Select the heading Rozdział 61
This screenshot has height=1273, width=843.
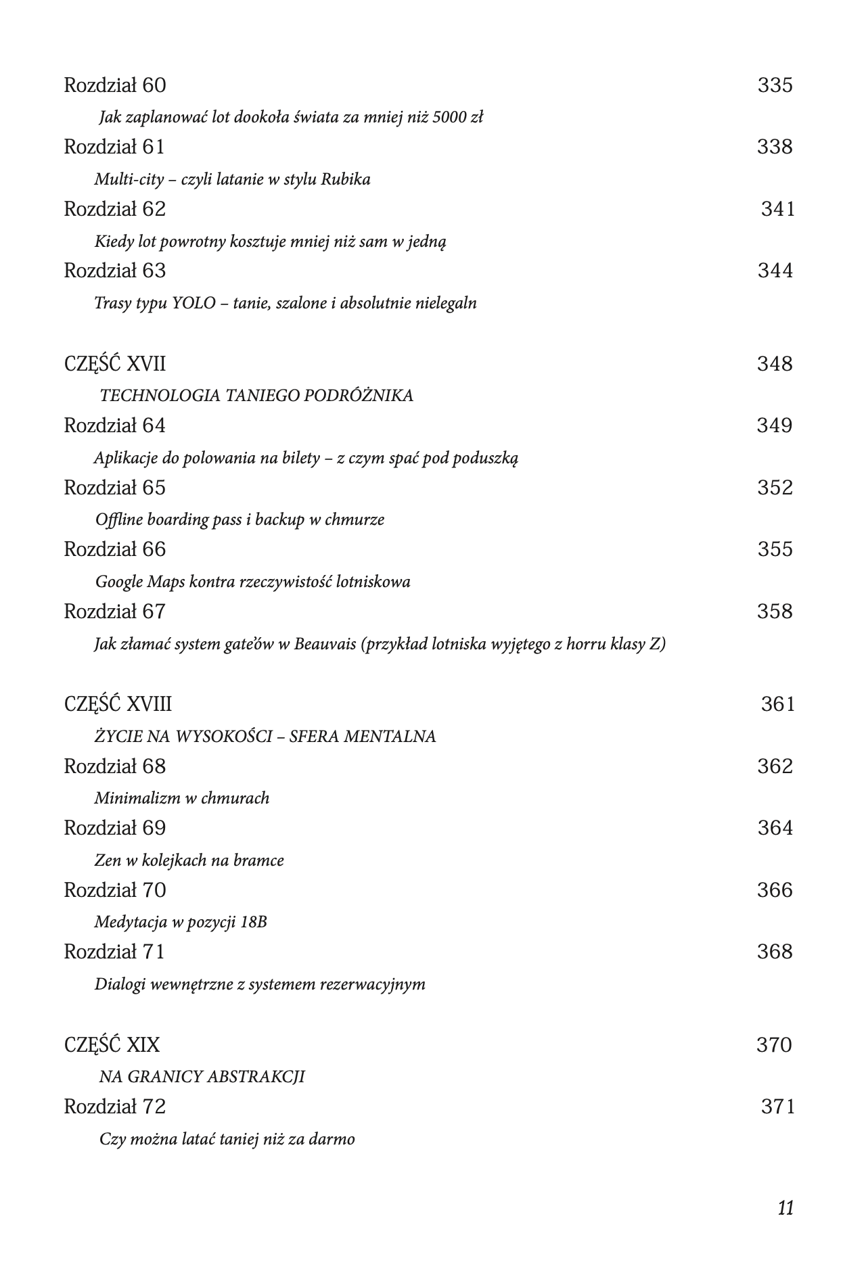pyautogui.click(x=114, y=147)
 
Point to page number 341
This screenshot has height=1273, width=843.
pyautogui.click(x=777, y=209)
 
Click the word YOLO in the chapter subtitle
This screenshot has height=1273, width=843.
pyautogui.click(x=192, y=303)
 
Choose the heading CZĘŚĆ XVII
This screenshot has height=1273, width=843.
pyautogui.click(x=114, y=364)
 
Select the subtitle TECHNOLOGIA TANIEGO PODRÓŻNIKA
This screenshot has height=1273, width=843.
pyautogui.click(x=256, y=396)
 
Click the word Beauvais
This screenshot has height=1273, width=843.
pyautogui.click(x=325, y=644)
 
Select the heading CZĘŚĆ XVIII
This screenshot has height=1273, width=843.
pyautogui.click(x=118, y=704)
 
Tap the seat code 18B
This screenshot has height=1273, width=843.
pyautogui.click(x=253, y=922)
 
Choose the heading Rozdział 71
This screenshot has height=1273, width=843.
pyautogui.click(x=114, y=952)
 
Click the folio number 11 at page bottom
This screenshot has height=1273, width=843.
pyautogui.click(x=785, y=1208)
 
